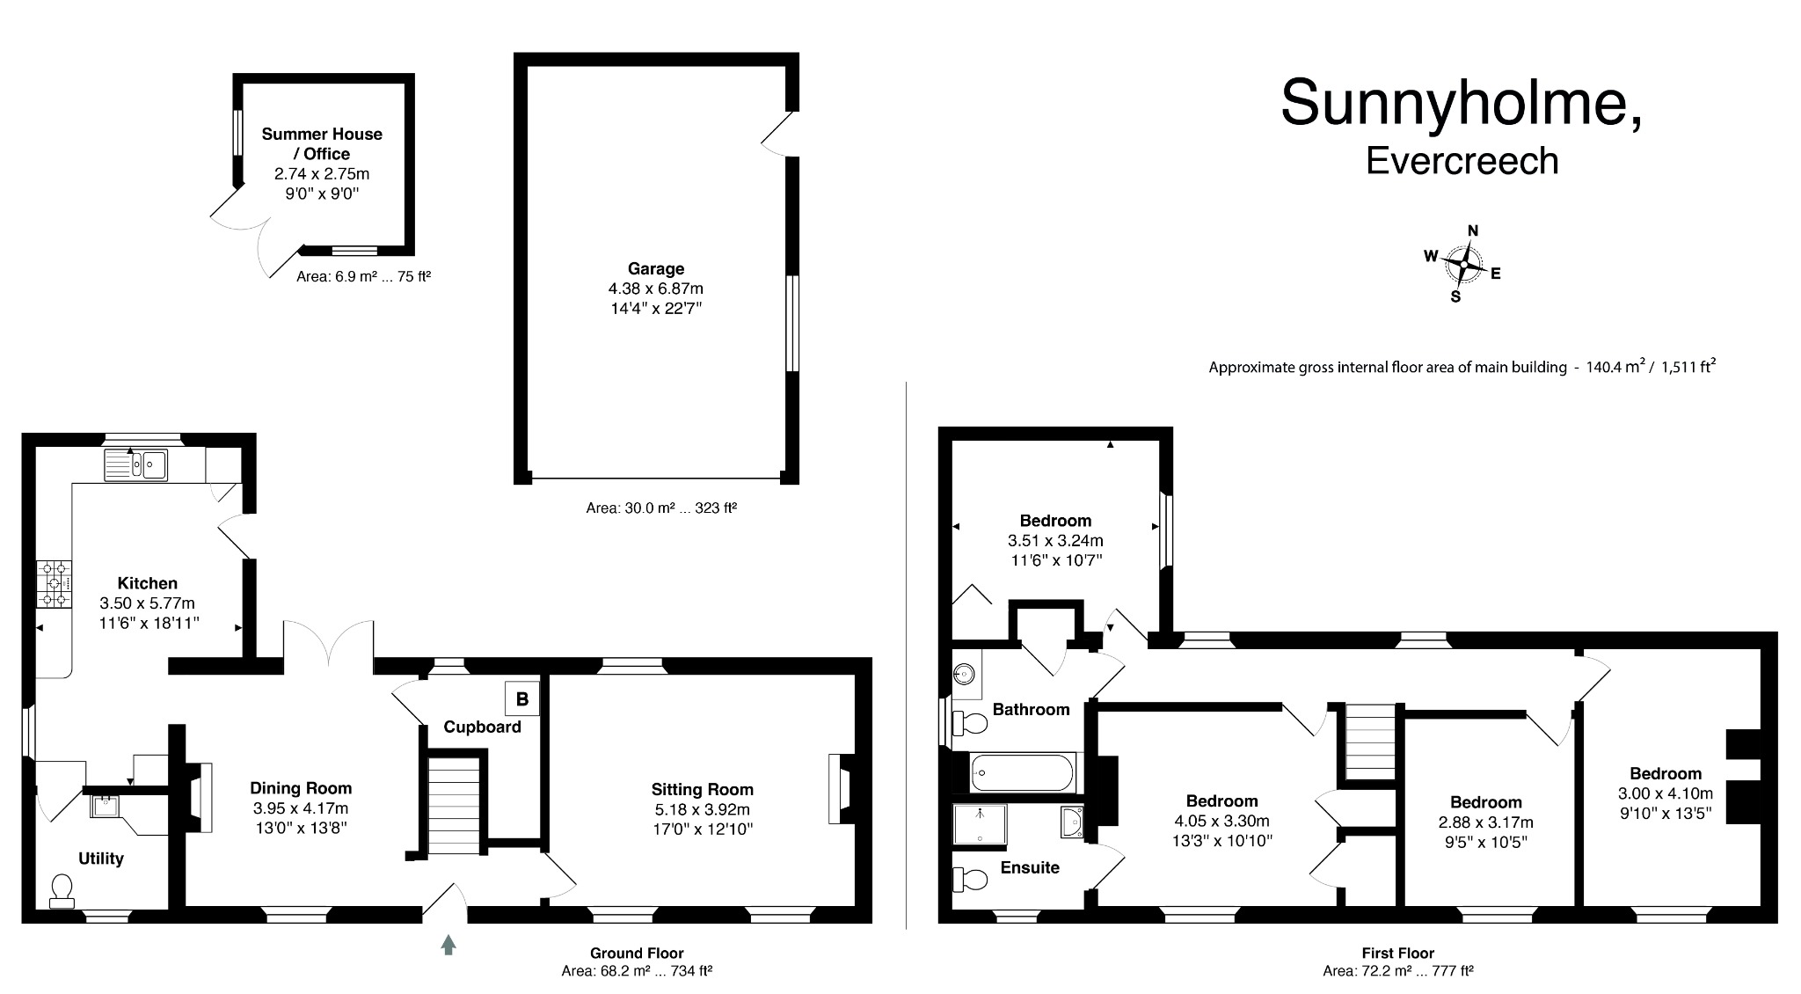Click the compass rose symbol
point(1463,263)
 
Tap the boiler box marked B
point(522,698)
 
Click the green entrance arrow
point(448,945)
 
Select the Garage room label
point(655,268)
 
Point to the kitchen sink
point(136,464)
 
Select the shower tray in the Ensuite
point(980,824)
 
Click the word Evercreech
point(1462,161)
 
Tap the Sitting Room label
point(702,789)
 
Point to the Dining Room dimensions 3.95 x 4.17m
point(300,808)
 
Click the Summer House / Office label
point(322,143)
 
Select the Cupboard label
point(482,727)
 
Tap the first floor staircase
point(1367,742)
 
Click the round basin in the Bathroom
point(966,675)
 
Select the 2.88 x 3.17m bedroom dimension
point(1485,822)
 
